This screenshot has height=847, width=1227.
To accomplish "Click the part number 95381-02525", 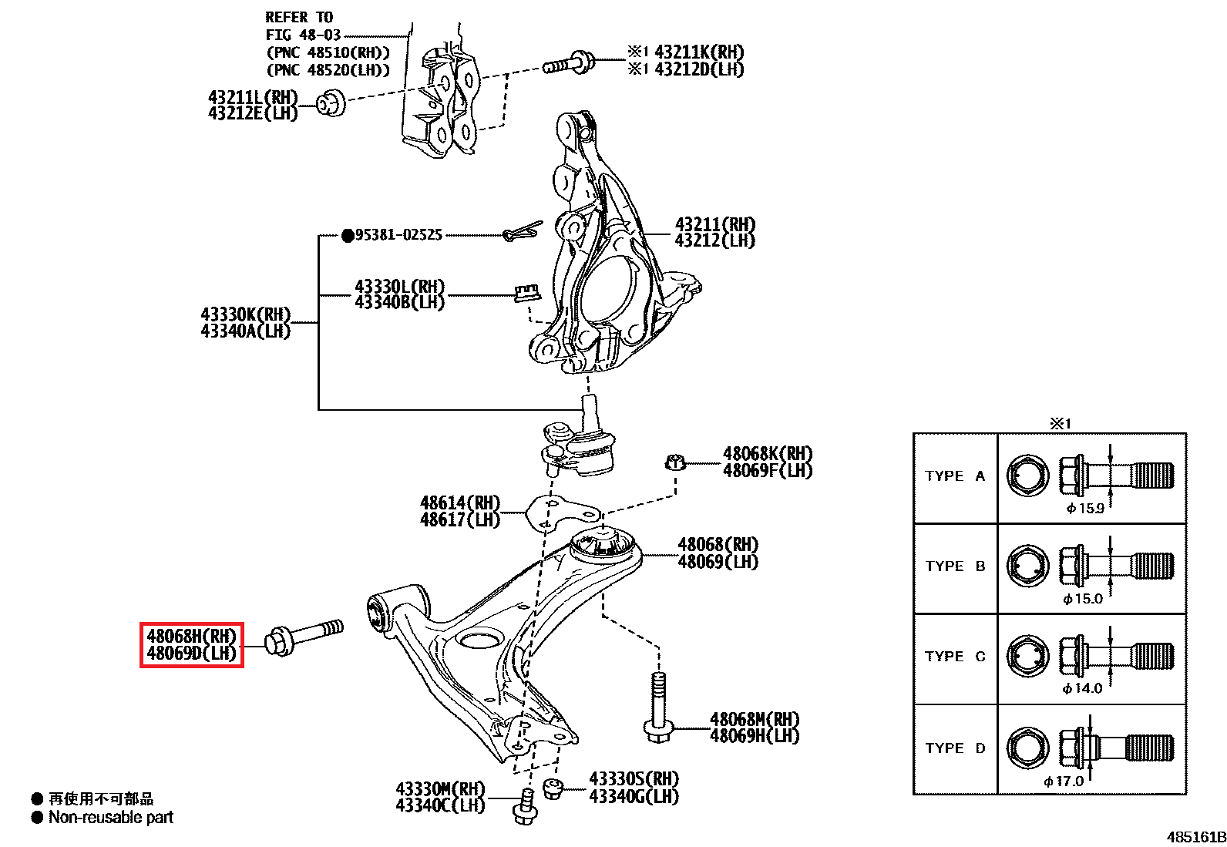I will click(398, 235).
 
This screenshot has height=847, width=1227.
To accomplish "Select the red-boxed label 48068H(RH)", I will click(191, 637).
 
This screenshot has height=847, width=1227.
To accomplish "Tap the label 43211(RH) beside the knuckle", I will click(715, 224).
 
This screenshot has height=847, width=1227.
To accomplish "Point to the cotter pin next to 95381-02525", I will click(522, 231).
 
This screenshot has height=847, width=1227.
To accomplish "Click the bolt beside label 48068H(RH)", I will click(304, 636).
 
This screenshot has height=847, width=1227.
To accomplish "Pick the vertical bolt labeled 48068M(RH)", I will click(657, 707).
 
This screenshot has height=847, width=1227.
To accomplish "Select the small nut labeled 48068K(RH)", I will click(675, 462).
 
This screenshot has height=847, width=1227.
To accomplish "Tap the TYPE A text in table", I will click(955, 476).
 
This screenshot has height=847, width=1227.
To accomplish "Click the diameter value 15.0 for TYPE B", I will click(1083, 599).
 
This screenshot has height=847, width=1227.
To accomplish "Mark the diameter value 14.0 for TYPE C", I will click(1083, 688).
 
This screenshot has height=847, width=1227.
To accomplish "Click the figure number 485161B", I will click(1196, 837).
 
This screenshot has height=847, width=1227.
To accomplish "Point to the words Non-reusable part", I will click(111, 817).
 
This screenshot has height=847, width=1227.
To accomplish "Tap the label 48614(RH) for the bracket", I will click(460, 503).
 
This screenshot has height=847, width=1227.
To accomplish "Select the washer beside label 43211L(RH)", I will click(331, 103).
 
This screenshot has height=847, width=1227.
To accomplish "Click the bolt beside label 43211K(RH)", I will click(570, 63).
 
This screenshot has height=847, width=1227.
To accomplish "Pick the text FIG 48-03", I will click(303, 35).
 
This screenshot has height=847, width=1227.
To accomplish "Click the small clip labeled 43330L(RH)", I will click(527, 292).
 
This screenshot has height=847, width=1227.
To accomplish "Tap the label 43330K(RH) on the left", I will click(245, 314).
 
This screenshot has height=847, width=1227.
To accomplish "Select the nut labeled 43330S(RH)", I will click(553, 789).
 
